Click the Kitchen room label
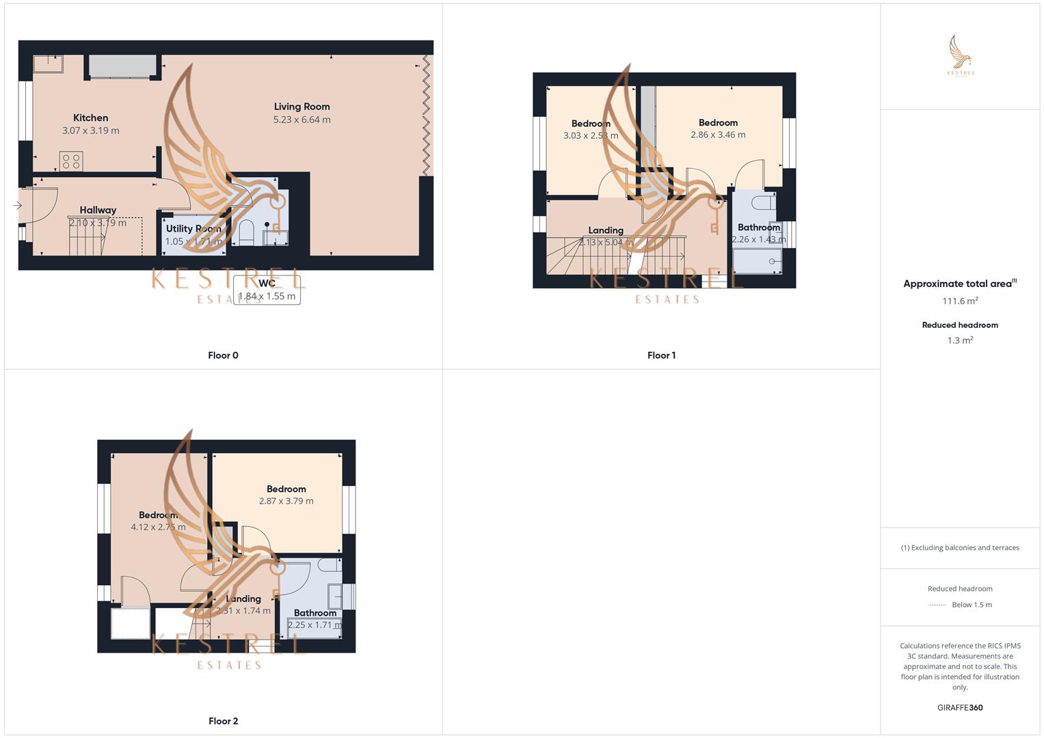click(x=90, y=118)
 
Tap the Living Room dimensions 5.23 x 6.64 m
click(x=302, y=120)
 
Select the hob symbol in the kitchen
click(x=71, y=161)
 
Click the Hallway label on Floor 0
click(x=98, y=210)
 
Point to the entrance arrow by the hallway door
click(x=17, y=205)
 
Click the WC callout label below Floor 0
click(x=267, y=284)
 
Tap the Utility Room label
click(x=193, y=229)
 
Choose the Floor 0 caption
click(x=223, y=355)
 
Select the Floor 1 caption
click(x=661, y=355)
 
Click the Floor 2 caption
click(x=223, y=721)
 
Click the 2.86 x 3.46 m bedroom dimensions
click(x=718, y=135)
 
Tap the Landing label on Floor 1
click(x=606, y=230)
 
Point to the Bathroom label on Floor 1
click(x=758, y=228)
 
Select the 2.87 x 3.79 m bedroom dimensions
click(x=286, y=501)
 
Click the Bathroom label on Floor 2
click(x=315, y=613)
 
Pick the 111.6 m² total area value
click(x=960, y=301)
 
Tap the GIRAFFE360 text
click(x=960, y=708)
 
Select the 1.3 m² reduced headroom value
click(x=960, y=340)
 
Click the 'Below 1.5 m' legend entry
click(x=972, y=605)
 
